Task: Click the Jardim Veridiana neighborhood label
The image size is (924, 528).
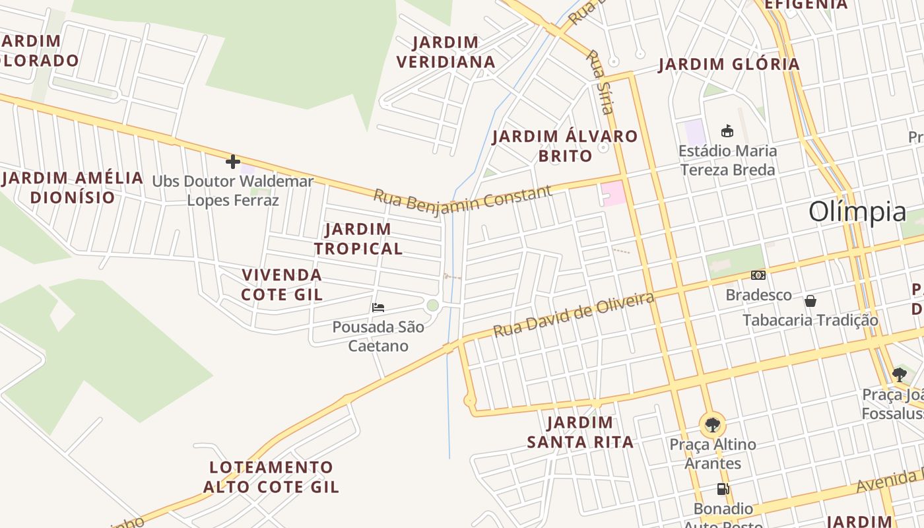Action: [445, 52]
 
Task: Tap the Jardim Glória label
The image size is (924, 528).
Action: [729, 64]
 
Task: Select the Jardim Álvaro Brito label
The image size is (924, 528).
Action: [565, 146]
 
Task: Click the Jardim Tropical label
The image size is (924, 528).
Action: [358, 239]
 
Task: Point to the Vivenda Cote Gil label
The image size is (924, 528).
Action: [282, 284]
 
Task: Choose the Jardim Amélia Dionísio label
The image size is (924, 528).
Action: [73, 187]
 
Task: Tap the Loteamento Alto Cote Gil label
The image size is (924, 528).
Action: [271, 477]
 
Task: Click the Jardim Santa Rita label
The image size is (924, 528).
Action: [580, 432]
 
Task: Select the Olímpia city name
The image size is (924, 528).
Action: [857, 212]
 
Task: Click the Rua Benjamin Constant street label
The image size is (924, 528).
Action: [462, 199]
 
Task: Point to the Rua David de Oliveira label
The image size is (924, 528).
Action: [574, 315]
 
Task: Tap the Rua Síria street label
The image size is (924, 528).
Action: [600, 82]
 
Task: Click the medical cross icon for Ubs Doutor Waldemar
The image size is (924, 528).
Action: [232, 161]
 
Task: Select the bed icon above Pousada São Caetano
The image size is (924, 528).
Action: [378, 307]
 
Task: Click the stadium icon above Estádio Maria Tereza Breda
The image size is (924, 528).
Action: [727, 131]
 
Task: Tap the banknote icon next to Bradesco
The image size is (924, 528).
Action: [758, 275]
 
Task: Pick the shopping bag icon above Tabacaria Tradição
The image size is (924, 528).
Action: [810, 301]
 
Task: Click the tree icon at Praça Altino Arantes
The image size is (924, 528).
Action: [712, 424]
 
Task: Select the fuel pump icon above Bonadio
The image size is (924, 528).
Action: [723, 489]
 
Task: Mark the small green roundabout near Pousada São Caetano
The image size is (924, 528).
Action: [432, 305]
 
